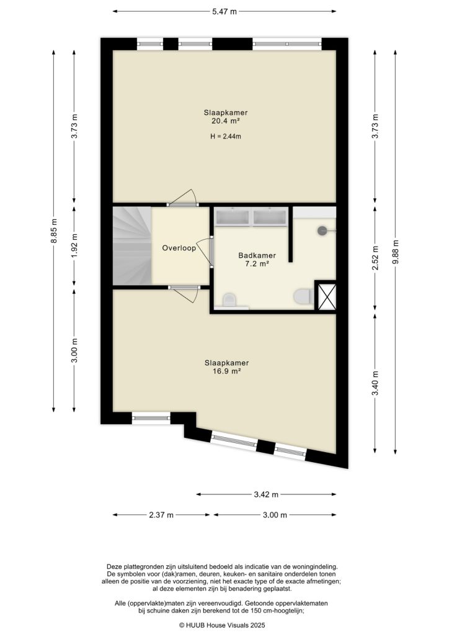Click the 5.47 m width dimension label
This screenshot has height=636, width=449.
click(x=225, y=11)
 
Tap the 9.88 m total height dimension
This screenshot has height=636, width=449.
click(x=396, y=252)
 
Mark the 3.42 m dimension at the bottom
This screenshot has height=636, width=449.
click(x=266, y=494)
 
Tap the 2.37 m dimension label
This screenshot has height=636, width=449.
click(x=162, y=515)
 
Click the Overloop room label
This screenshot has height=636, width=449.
click(x=179, y=248)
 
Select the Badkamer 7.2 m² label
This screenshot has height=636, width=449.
click(x=257, y=260)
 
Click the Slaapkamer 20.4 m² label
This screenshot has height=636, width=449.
click(x=226, y=117)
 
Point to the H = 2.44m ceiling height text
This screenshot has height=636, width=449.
click(x=226, y=137)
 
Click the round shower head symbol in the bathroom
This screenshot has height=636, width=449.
click(x=322, y=230)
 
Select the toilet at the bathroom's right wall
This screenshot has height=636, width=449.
click(x=303, y=297)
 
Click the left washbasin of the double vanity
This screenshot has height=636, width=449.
click(x=232, y=217)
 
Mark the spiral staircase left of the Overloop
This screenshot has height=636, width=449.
click(x=131, y=246)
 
